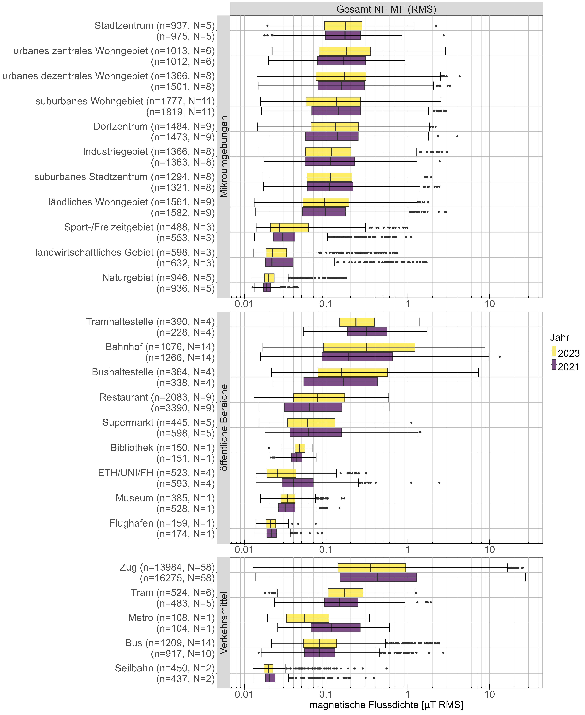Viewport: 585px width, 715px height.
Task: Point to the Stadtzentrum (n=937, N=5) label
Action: [154, 26]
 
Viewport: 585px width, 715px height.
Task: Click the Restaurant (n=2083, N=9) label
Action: [157, 397]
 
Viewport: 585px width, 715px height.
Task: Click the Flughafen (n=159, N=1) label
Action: [162, 523]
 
